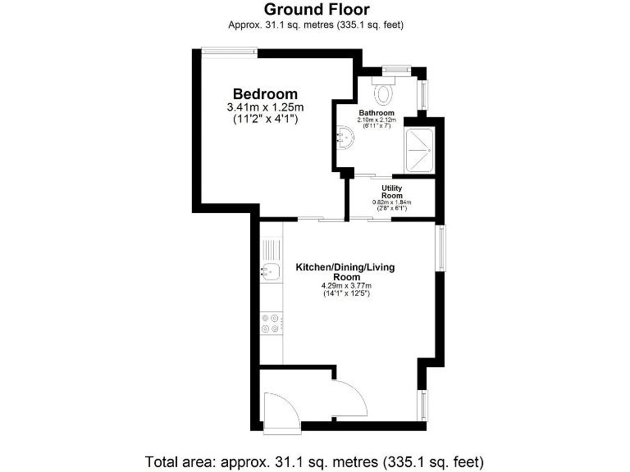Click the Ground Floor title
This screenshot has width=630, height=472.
pyautogui.click(x=316, y=10)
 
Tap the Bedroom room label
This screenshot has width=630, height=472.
pyautogui.click(x=265, y=93)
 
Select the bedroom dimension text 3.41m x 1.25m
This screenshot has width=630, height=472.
pyautogui.click(x=265, y=107)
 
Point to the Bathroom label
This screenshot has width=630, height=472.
pyautogui.click(x=377, y=113)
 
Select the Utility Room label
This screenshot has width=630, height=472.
pyautogui.click(x=391, y=192)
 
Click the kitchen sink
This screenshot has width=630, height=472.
pyautogui.click(x=270, y=270)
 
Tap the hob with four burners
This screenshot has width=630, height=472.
pyautogui.click(x=270, y=324)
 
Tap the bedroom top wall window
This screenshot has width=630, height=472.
pyautogui.click(x=230, y=52)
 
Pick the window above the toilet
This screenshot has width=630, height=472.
pyautogui.click(x=395, y=69)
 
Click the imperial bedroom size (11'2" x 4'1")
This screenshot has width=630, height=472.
pyautogui.click(x=265, y=120)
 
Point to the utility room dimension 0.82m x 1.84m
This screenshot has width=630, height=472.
pyautogui.click(x=391, y=202)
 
